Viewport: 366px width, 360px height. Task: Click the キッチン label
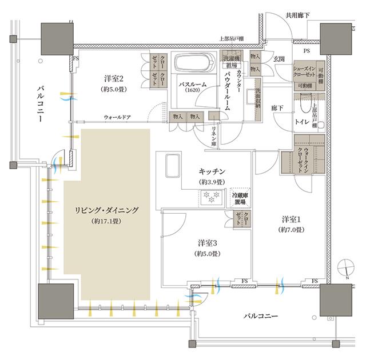point(212,171)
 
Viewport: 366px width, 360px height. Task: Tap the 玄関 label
point(279,59)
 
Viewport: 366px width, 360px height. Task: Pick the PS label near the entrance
point(308,51)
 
